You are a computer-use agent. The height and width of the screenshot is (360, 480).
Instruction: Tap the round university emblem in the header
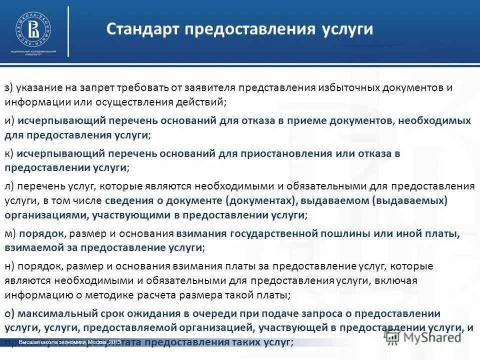tap(32, 28)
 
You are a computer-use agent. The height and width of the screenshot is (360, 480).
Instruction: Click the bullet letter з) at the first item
tap(9, 88)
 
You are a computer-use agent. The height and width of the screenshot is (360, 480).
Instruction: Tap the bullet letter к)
tap(9, 153)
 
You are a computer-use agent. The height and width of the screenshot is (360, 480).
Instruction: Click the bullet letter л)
tap(10, 186)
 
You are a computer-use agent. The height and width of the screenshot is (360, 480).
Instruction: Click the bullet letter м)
tap(10, 233)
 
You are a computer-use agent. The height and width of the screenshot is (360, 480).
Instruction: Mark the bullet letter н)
tap(10, 266)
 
